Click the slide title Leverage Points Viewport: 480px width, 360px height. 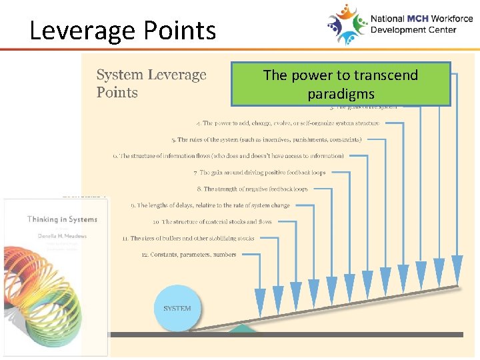point(123,31)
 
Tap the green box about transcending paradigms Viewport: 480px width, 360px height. point(341,84)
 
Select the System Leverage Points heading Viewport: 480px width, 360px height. point(151,83)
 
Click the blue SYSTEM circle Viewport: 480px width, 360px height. point(177,308)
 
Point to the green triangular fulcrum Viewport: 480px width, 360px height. point(243,327)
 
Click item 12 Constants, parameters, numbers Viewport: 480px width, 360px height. point(189,255)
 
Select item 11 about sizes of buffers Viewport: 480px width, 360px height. point(188,238)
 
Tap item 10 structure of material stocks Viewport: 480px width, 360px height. point(212,221)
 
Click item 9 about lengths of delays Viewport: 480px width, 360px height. point(210,205)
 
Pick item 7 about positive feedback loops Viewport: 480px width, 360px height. point(259,173)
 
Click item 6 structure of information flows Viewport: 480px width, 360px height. point(229,156)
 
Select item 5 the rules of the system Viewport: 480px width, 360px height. point(266,140)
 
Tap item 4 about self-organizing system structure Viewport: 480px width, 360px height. point(288,123)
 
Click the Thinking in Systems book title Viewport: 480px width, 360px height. point(62,219)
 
